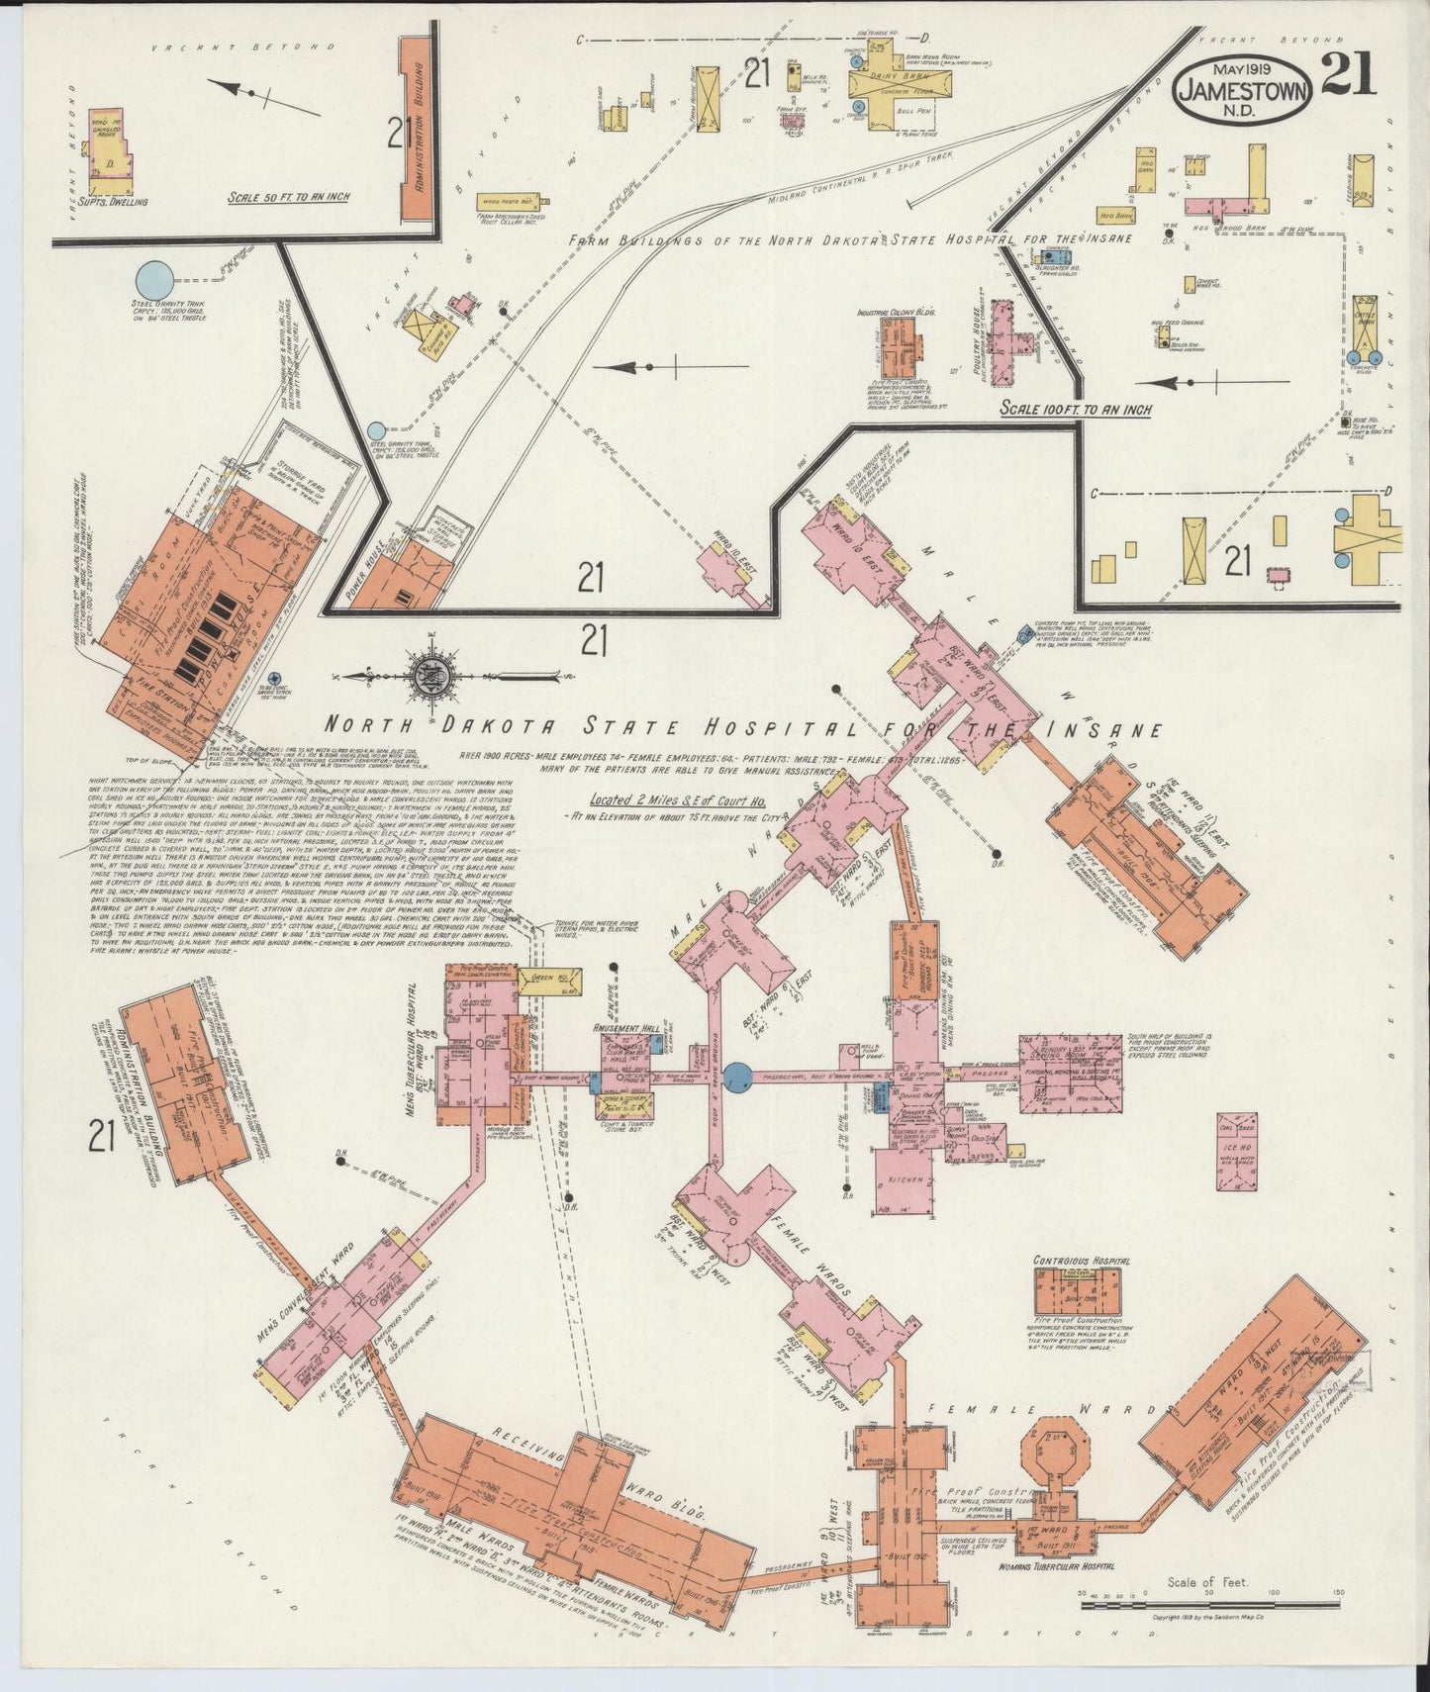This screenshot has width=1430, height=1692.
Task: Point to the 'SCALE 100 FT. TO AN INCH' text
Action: click(x=1075, y=408)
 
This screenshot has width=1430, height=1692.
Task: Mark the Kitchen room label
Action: click(x=906, y=1180)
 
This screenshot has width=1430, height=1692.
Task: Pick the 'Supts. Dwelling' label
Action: click(x=116, y=202)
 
